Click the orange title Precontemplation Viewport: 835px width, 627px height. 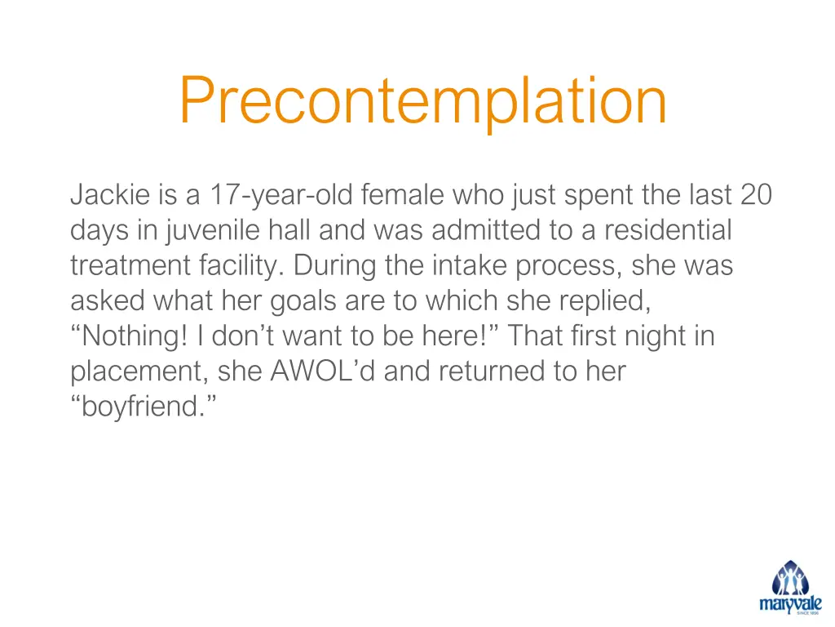click(x=422, y=101)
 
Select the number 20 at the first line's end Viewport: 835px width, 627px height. click(x=756, y=196)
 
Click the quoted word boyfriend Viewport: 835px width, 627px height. click(x=144, y=407)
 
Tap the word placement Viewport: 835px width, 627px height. click(x=138, y=372)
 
